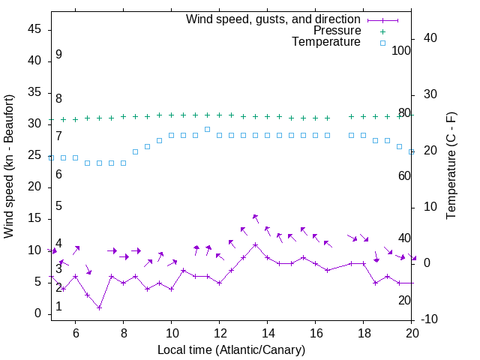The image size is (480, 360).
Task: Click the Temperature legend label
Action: pyautogui.click(x=326, y=42)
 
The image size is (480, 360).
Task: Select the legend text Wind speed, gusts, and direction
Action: pyautogui.click(x=274, y=19)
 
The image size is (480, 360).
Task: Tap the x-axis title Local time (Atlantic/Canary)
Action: pyautogui.click(x=231, y=349)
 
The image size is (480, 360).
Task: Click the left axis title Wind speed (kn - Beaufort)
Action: pyautogui.click(x=9, y=166)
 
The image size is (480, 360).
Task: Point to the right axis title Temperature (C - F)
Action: pyautogui.click(x=451, y=166)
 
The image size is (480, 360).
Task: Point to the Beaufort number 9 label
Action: pyautogui.click(x=58, y=55)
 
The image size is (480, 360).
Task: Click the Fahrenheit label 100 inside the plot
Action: pyautogui.click(x=401, y=50)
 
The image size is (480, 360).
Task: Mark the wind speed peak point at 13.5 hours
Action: pyautogui.click(x=255, y=244)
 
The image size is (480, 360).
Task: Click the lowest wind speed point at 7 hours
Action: pyautogui.click(x=99, y=307)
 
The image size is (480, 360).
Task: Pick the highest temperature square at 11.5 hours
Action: pyautogui.click(x=207, y=129)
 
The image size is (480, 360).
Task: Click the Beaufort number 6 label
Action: pyautogui.click(x=58, y=174)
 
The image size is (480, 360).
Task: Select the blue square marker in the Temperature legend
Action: pyautogui.click(x=382, y=43)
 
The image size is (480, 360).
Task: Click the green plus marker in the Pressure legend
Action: pyautogui.click(x=382, y=31)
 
